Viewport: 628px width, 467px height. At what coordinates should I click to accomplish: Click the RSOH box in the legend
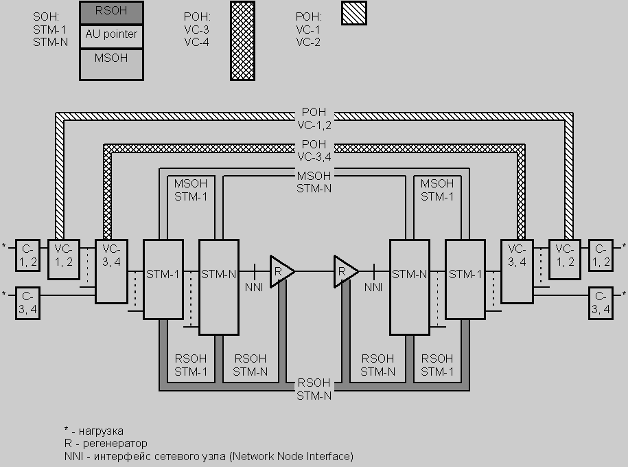click(111, 12)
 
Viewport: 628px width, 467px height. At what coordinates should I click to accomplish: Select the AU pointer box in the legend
click(111, 35)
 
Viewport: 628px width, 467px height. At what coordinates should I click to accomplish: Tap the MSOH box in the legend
click(111, 64)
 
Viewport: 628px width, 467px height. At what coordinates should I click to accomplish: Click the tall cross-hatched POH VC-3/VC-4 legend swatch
click(242, 41)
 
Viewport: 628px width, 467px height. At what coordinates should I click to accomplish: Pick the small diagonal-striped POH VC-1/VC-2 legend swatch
click(354, 13)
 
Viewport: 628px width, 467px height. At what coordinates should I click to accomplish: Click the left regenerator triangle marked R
click(281, 271)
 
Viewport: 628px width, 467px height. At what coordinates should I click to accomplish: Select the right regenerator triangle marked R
click(345, 271)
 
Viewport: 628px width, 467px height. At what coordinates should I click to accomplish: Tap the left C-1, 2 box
click(27, 255)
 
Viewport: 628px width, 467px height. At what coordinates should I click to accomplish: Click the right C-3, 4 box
click(601, 304)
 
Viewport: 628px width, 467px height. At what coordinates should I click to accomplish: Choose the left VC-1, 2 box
click(62, 260)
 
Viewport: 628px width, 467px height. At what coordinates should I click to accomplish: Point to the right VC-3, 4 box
click(517, 271)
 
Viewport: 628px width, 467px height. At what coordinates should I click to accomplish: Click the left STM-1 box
click(163, 279)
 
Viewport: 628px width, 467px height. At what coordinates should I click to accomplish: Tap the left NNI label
click(253, 287)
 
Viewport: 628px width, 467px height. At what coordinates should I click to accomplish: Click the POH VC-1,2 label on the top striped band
click(314, 119)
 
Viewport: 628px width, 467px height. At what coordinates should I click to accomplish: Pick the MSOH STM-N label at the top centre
click(314, 181)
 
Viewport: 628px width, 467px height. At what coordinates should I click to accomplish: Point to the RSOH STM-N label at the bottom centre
click(314, 389)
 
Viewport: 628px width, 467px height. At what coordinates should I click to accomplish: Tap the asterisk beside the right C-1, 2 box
click(623, 246)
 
